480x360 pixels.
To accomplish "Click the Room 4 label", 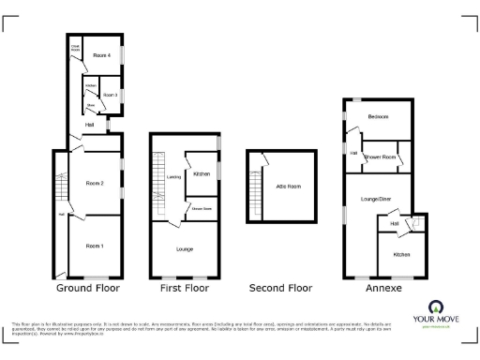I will (x=102, y=56).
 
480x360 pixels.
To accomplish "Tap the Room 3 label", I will (x=110, y=95).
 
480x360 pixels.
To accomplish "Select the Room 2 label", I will (x=94, y=182).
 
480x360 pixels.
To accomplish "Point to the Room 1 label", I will (x=94, y=246).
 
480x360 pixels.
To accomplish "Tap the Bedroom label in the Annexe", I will (x=378, y=116).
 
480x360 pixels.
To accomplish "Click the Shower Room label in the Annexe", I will (x=378, y=156).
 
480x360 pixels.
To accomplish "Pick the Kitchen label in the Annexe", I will (x=400, y=254).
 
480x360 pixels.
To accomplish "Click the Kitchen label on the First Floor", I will (x=201, y=174).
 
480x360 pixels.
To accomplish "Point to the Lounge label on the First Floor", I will (x=184, y=248).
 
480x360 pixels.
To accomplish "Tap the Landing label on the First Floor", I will (x=173, y=176).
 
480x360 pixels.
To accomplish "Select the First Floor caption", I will (x=184, y=288).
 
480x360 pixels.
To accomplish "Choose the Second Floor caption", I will (x=280, y=288).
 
